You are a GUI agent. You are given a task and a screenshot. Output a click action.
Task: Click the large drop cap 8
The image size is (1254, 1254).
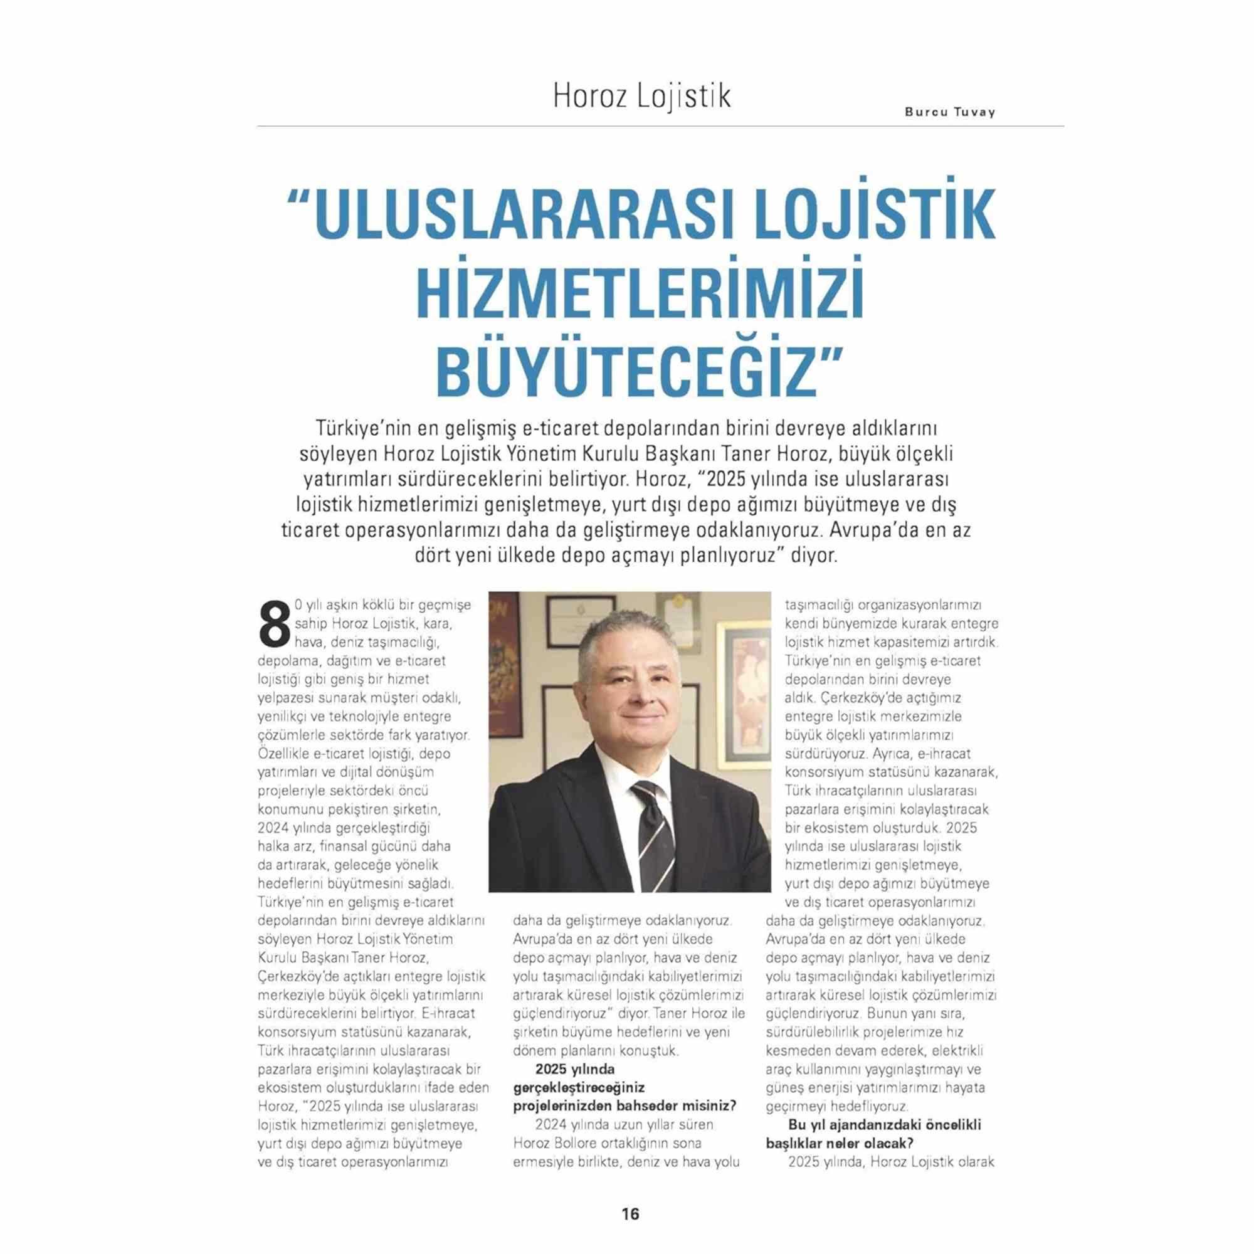[x=273, y=624]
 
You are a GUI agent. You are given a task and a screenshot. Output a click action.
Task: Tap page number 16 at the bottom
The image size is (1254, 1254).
[x=630, y=1214]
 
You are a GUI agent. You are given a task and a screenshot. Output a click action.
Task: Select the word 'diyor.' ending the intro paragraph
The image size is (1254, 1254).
[x=811, y=556]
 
